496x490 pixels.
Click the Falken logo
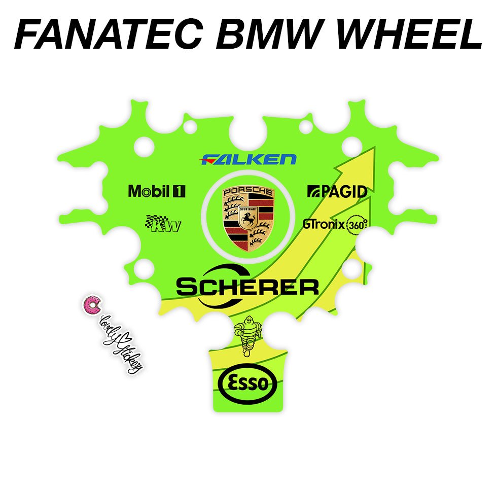[249, 160]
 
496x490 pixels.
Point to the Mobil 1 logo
[157, 191]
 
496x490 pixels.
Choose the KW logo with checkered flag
[163, 224]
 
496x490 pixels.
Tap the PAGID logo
[337, 191]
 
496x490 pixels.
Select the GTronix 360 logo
[335, 224]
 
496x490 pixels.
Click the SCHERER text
[247, 288]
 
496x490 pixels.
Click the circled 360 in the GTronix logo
[357, 225]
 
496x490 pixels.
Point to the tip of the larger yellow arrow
[374, 149]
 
